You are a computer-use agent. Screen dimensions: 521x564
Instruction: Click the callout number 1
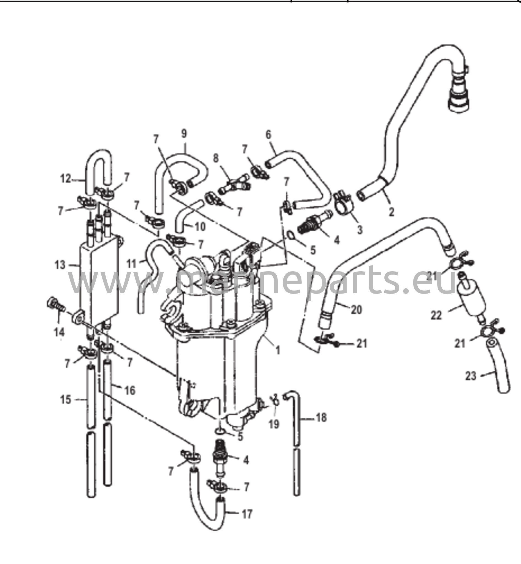(278, 351)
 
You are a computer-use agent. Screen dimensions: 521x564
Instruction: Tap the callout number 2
(391, 212)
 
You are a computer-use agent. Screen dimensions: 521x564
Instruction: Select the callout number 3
(360, 230)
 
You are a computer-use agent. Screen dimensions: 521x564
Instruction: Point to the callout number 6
(268, 135)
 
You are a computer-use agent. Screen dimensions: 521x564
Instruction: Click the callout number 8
(216, 158)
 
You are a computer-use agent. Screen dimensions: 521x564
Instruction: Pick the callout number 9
(184, 133)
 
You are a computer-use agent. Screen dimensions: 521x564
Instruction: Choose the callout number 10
(200, 227)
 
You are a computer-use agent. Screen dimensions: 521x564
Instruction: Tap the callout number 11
(131, 264)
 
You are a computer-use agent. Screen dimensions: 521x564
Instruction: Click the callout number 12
(66, 178)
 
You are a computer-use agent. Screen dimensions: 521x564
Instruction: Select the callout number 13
(60, 265)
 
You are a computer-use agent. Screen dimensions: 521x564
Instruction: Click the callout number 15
(66, 399)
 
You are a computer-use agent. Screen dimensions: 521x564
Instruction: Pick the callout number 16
(130, 391)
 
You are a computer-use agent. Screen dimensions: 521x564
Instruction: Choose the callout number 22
(436, 315)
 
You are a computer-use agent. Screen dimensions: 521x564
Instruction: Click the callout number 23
(471, 376)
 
